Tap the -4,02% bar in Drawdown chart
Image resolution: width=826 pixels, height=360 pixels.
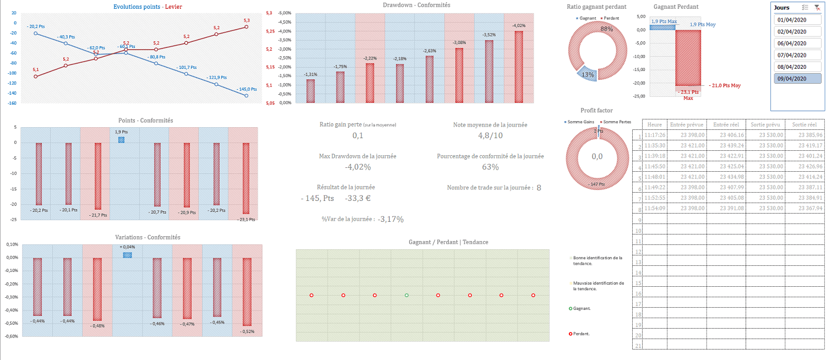point(519,67)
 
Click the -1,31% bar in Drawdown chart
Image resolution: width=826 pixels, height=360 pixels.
point(311,91)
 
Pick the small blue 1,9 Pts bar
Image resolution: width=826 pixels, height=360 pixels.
point(121,140)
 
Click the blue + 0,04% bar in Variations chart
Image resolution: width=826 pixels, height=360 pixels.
point(127,255)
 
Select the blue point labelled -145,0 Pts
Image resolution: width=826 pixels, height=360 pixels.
point(246,96)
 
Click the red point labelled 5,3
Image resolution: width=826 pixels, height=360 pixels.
point(246,26)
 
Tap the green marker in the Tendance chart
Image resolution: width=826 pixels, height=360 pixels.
point(406,296)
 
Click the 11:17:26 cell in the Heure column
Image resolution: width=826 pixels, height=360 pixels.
point(655,135)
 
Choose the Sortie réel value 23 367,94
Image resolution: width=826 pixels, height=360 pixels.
point(806,208)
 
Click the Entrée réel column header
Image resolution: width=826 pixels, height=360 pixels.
point(725,124)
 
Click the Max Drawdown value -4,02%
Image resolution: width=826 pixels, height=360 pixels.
point(358,167)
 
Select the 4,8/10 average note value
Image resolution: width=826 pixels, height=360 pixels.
point(490,135)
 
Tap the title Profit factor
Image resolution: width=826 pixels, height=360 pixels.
point(596,111)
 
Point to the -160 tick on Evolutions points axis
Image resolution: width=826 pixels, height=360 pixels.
point(12,103)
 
